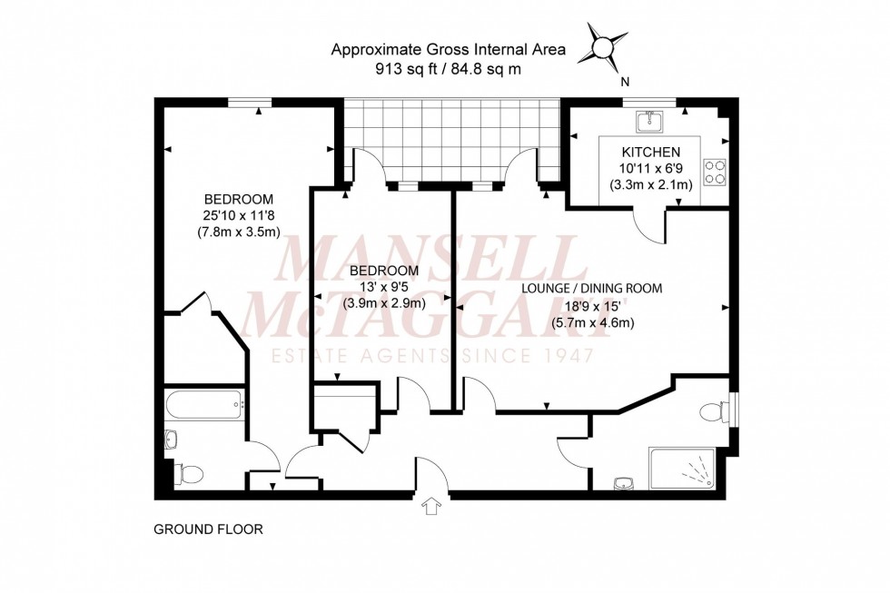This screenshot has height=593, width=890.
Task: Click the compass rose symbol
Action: pos(602,46)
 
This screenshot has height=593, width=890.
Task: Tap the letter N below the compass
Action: pos(625,81)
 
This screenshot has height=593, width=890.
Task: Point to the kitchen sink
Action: pos(650,121)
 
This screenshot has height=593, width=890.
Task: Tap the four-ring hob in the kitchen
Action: pos(715,172)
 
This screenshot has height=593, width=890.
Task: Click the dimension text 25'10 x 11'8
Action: pos(238,215)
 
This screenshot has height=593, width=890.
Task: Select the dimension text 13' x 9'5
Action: pos(384,287)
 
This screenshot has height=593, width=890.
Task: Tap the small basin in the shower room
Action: pos(621,482)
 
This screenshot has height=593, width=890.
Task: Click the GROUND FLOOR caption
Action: pos(208,529)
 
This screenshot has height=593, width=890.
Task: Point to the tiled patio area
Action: pos(451,141)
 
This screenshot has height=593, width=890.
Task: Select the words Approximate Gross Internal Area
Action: pos(448,51)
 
